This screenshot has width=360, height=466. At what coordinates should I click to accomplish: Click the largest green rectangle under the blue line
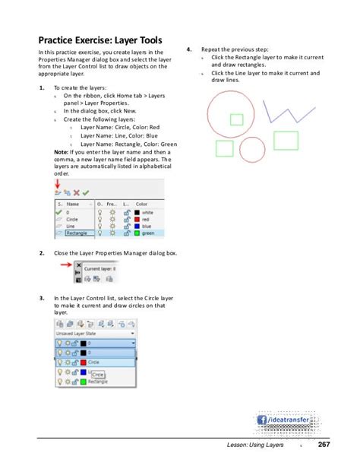point(286,140)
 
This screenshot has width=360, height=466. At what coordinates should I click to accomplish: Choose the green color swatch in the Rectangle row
point(136,233)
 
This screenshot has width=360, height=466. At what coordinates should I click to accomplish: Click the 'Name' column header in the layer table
point(74,204)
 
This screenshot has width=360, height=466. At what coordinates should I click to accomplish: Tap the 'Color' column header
point(142,204)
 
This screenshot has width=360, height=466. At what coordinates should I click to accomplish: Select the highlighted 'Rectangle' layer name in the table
point(76,233)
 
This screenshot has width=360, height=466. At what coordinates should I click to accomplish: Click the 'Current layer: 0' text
point(100,268)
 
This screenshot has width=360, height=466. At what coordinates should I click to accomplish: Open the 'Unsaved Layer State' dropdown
point(94,332)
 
